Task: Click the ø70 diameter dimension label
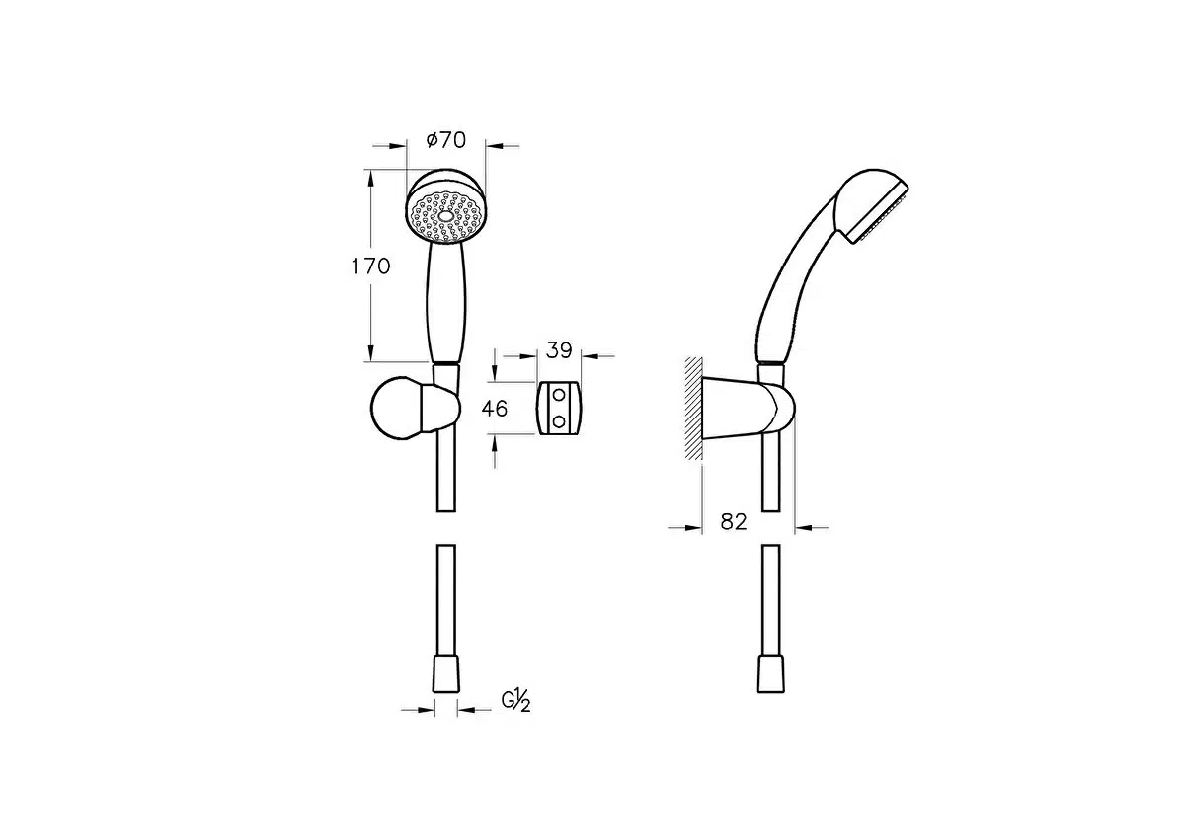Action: (x=446, y=140)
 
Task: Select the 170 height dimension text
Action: (x=371, y=266)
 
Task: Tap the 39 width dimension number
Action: (x=559, y=350)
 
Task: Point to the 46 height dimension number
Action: (x=494, y=409)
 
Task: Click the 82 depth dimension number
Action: (x=734, y=522)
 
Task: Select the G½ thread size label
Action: (x=515, y=701)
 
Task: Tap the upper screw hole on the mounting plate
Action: (x=559, y=395)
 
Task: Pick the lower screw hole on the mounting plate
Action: (x=559, y=421)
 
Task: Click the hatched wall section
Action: (x=693, y=409)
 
